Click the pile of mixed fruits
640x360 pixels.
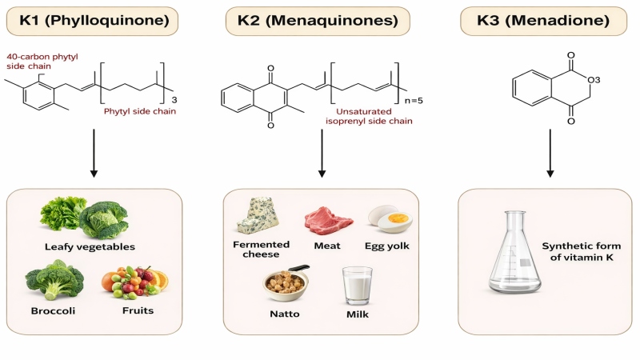[x=134, y=282]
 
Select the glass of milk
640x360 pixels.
[x=357, y=286]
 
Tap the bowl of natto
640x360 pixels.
[x=286, y=283]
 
